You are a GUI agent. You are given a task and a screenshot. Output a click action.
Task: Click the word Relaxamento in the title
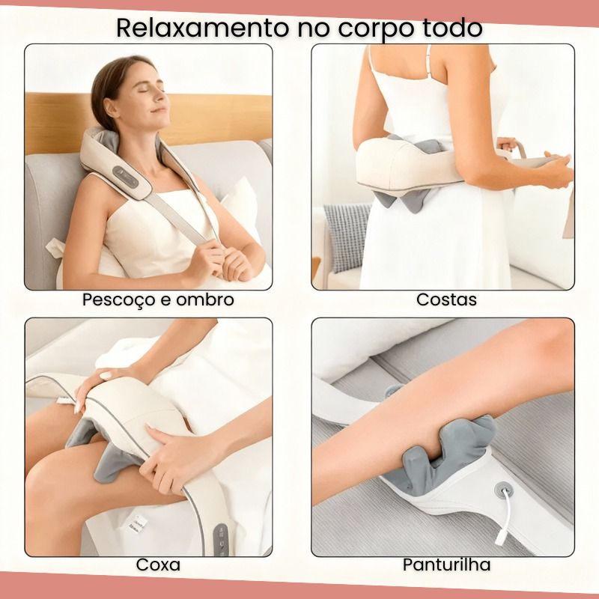coord(202,27)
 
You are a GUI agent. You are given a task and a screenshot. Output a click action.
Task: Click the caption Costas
coord(446,299)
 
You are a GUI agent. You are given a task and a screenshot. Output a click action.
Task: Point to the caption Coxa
coord(158,565)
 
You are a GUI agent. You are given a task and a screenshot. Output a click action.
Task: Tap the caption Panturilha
coord(446,565)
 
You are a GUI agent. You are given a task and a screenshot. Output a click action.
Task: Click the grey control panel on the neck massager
coord(126,176)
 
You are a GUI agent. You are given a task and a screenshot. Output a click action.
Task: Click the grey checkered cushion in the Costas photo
coord(347,237)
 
